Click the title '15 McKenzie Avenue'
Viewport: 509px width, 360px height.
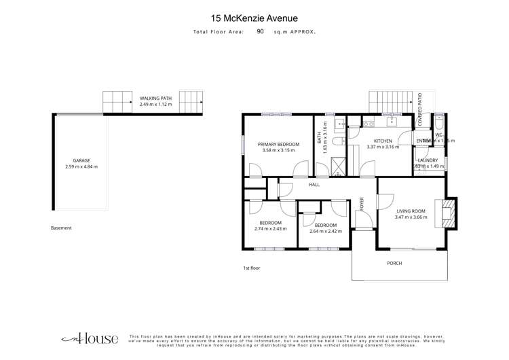click(254, 18)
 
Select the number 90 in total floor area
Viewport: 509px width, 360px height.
click(261, 31)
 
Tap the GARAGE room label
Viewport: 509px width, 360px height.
click(81, 160)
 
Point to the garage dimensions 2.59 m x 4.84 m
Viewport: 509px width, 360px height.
click(81, 167)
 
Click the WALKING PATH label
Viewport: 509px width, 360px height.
click(156, 98)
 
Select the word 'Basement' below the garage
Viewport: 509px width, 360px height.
click(61, 228)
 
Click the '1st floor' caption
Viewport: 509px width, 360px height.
click(252, 268)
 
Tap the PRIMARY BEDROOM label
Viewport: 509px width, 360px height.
click(278, 144)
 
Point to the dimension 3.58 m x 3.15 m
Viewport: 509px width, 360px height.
click(278, 151)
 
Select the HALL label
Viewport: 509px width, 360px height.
click(314, 185)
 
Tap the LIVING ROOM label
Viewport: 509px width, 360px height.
click(410, 210)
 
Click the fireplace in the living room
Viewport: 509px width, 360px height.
click(447, 213)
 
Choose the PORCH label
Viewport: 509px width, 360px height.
click(394, 263)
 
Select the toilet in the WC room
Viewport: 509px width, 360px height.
click(438, 126)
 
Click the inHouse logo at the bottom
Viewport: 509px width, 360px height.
click(90, 338)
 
